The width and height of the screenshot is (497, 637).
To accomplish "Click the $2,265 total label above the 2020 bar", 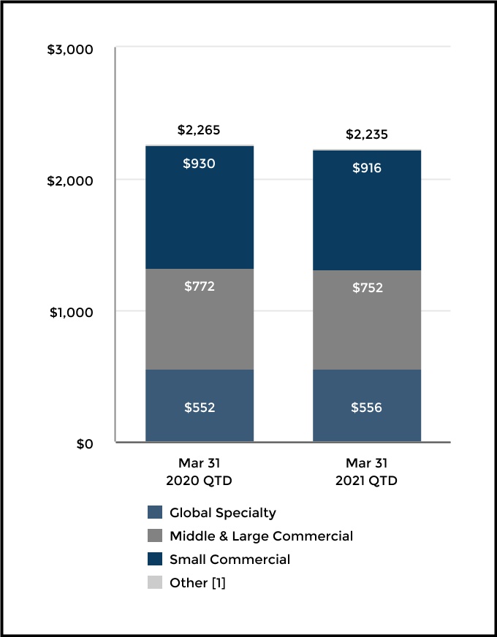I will tap(199, 131).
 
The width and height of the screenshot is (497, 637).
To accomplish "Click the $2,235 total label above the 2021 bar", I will tap(366, 134).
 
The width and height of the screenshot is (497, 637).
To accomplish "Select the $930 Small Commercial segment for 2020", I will tap(199, 207).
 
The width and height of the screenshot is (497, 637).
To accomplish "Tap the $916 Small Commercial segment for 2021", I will tap(366, 210).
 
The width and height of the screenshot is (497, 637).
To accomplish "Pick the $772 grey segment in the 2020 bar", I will tap(199, 319).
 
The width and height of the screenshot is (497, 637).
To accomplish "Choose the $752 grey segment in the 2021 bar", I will tap(366, 320).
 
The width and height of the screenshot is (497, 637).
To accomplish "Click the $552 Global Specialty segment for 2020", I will tap(199, 405).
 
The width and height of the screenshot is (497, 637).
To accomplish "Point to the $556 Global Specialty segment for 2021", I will tap(366, 405).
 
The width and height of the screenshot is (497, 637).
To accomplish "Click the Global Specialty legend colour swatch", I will tap(154, 513).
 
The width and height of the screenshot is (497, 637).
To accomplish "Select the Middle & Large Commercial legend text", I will tap(261, 536).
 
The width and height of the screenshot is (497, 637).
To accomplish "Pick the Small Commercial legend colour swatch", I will tap(154, 560).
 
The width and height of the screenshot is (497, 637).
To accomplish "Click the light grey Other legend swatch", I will tap(154, 583).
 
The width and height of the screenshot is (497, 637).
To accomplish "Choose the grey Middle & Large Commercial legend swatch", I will tap(154, 536).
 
